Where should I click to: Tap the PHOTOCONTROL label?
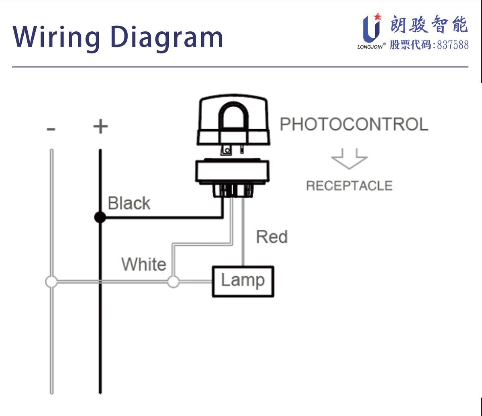(x=354, y=124)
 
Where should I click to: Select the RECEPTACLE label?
(x=349, y=186)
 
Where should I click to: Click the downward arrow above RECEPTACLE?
(x=349, y=158)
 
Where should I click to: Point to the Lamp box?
(x=243, y=281)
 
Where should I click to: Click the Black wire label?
(x=129, y=204)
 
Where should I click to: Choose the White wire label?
(x=144, y=264)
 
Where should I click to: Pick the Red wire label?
(x=272, y=237)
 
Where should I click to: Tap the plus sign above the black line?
(x=100, y=127)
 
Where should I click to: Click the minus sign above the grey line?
(x=51, y=129)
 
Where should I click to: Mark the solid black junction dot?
(x=100, y=218)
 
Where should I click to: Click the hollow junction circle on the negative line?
(x=51, y=282)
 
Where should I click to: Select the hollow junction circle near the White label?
(x=173, y=282)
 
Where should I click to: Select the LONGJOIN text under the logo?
(x=371, y=46)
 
